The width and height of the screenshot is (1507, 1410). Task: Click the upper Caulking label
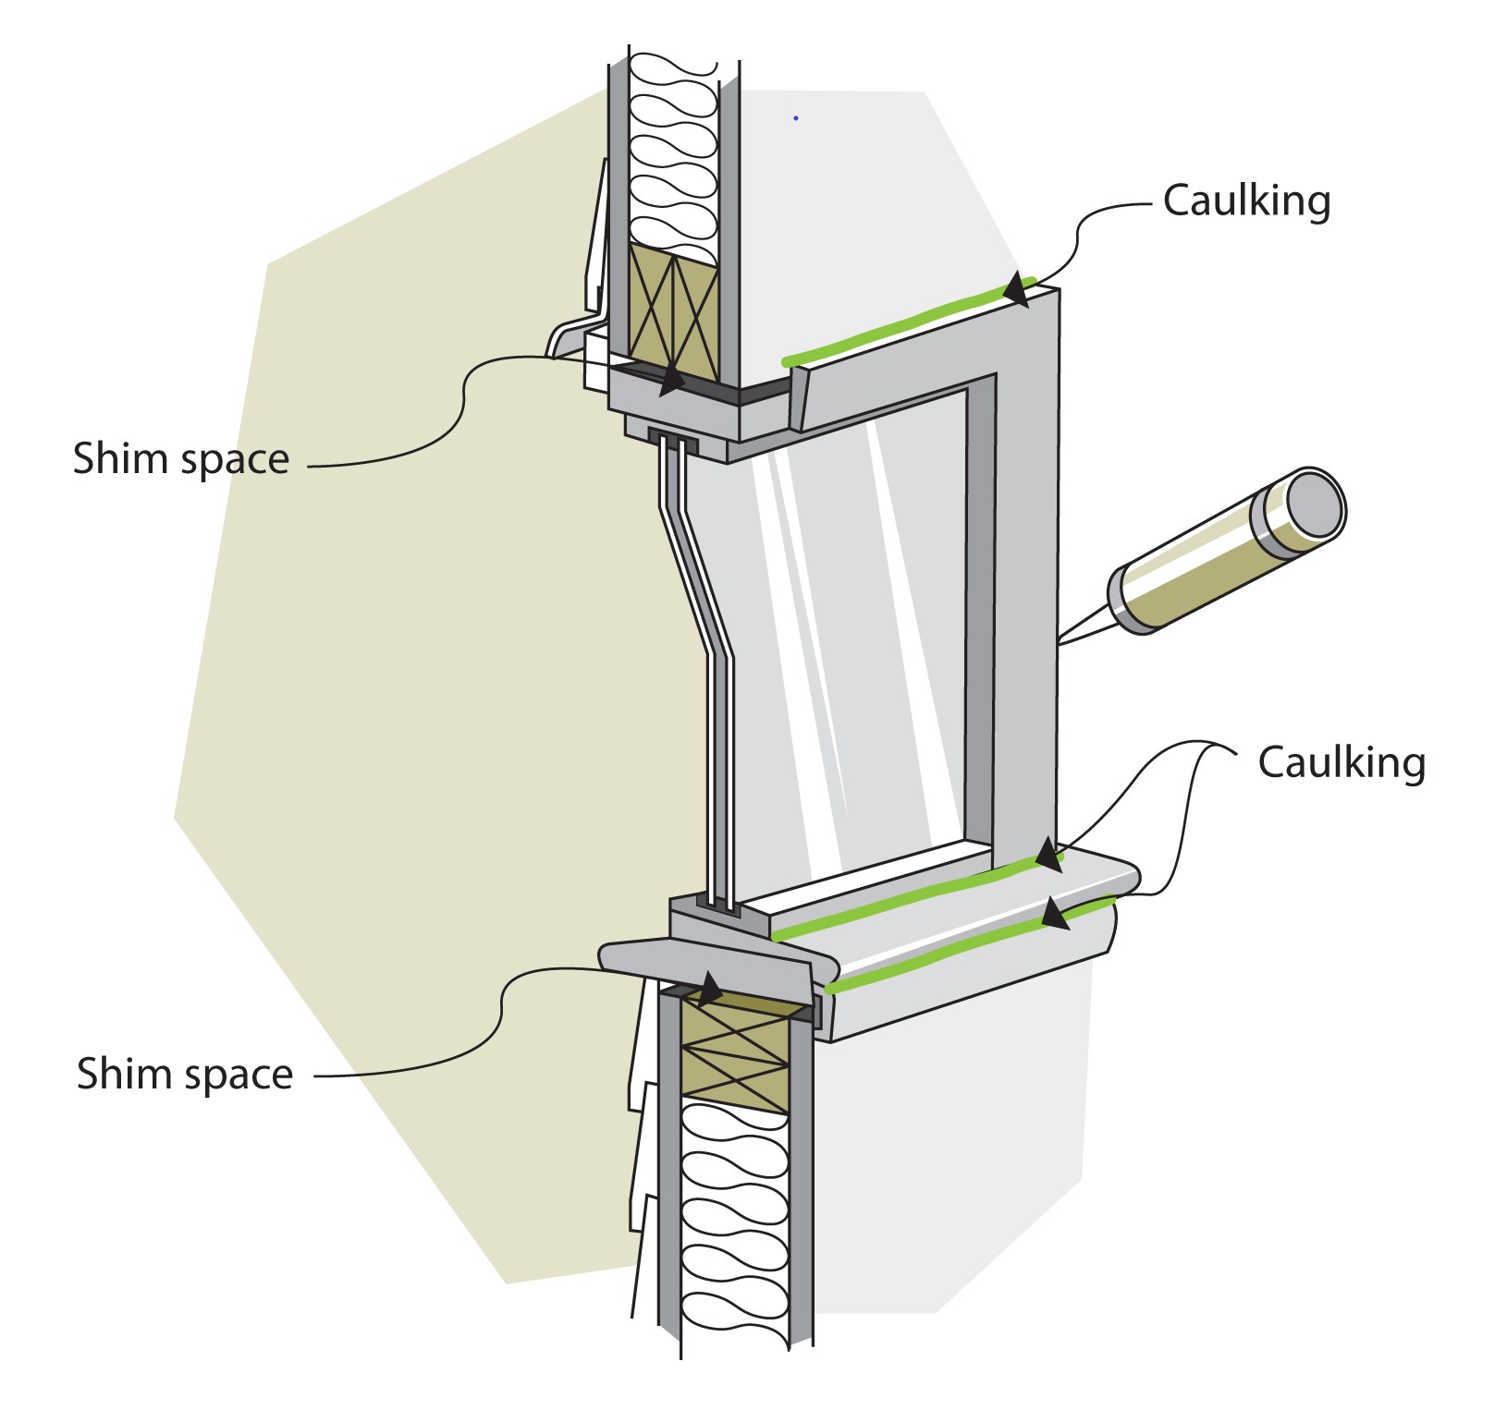1245,201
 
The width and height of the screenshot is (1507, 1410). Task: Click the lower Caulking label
1341,763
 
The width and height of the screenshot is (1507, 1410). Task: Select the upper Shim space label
181,459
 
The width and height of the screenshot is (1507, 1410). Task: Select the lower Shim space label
185,1075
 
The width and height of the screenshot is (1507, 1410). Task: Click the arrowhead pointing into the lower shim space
709,990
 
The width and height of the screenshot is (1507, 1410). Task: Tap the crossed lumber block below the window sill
736,1053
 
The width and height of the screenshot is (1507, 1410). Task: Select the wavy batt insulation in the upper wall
673,148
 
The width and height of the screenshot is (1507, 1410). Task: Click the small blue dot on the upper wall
795,118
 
